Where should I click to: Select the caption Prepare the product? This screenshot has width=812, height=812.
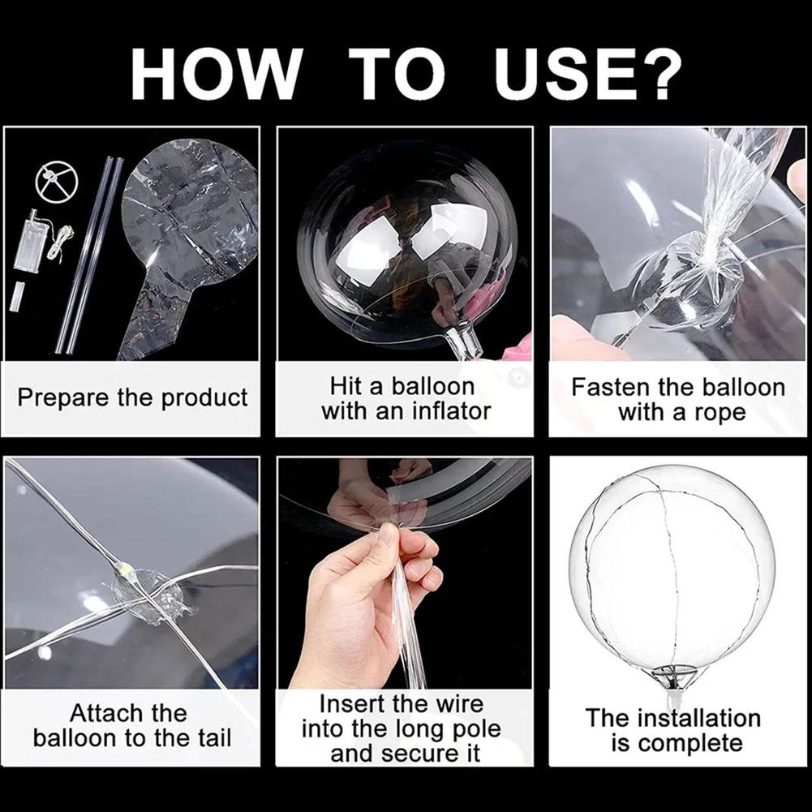coord(132,398)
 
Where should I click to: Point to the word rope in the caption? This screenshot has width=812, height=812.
coord(718,412)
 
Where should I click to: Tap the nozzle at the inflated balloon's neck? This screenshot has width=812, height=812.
coord(466,340)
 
